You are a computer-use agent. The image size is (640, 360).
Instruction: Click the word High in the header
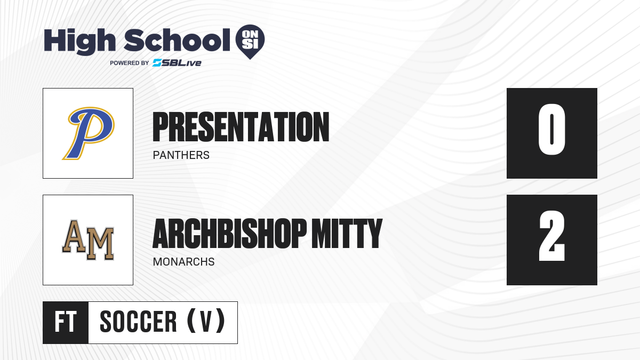point(79,41)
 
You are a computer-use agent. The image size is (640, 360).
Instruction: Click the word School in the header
point(177,39)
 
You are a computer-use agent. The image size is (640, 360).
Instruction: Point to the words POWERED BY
point(129,63)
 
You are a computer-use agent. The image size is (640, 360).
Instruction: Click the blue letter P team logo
point(89,133)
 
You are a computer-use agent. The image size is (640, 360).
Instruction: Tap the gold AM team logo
point(88,240)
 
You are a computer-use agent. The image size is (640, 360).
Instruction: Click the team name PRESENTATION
point(241,127)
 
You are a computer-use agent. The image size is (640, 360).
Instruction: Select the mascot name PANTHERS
point(181,155)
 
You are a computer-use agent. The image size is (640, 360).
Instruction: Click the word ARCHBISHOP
point(230,234)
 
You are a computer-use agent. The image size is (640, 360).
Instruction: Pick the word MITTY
point(347,234)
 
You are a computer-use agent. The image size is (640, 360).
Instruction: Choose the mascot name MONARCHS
point(183,262)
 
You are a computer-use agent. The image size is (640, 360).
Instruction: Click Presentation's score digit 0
point(551,130)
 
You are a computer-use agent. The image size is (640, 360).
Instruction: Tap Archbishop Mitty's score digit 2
point(551,236)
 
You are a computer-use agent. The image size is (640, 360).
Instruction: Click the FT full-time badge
point(66,323)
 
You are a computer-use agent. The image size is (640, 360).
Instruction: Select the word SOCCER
point(138,322)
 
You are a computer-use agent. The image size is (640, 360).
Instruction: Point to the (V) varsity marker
point(206,321)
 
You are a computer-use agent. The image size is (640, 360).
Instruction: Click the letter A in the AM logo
point(74,236)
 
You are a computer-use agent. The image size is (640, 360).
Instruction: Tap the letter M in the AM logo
point(100,244)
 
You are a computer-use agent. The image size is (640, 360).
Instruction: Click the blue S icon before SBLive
point(157,63)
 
